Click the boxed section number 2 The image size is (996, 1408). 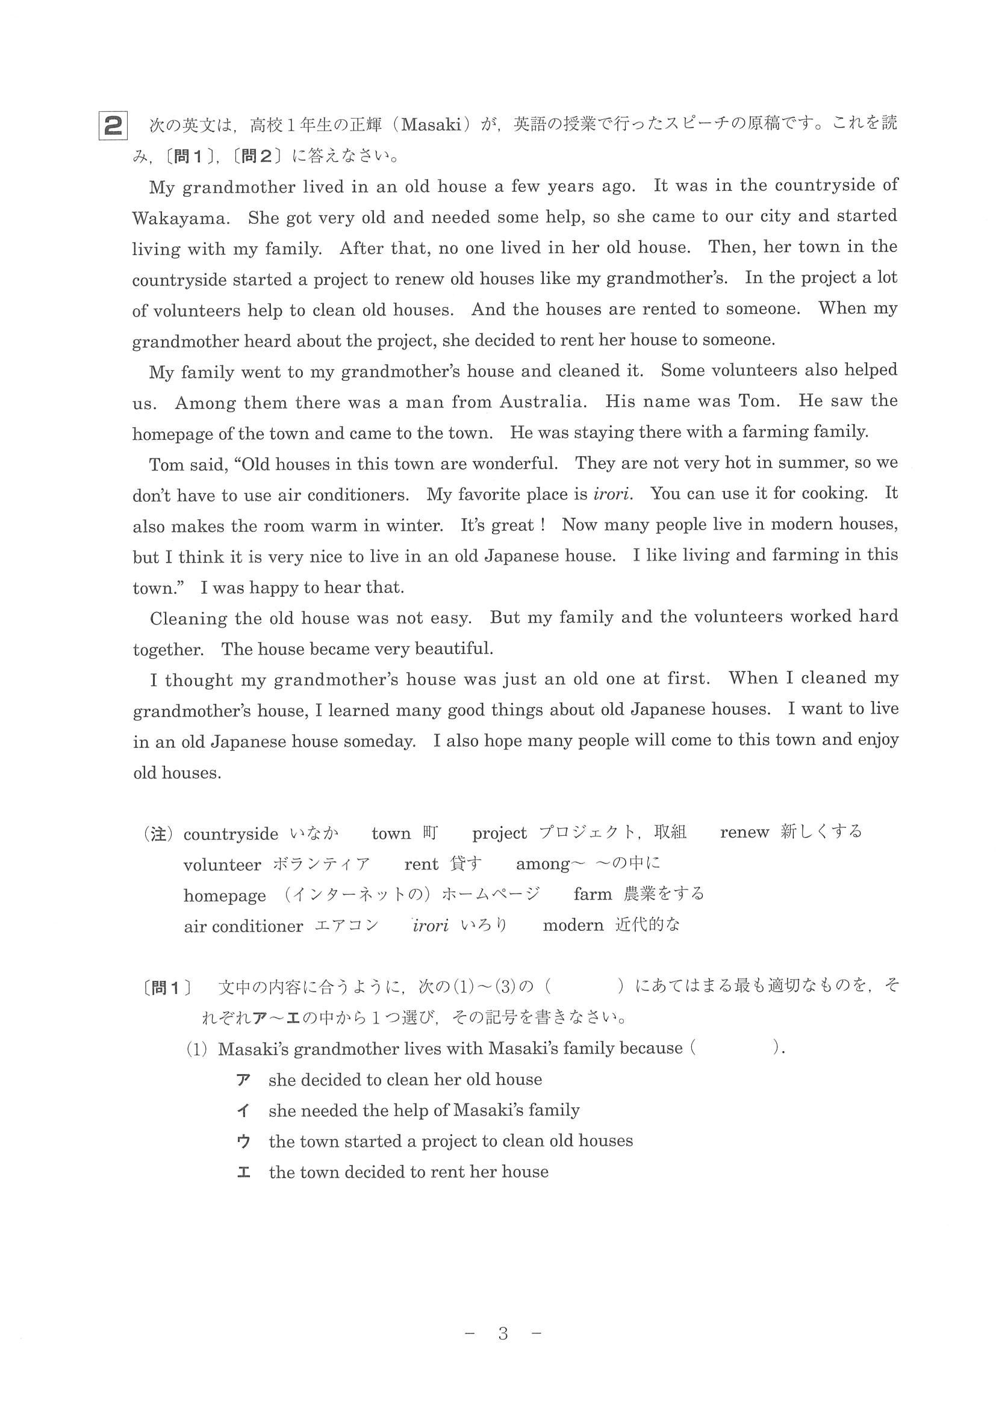(x=113, y=126)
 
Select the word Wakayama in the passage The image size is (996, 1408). (x=180, y=218)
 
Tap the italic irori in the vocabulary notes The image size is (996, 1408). (x=430, y=925)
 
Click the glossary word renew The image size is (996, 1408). (x=744, y=832)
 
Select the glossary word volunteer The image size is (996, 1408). (x=222, y=865)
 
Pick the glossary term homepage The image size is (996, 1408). (x=225, y=895)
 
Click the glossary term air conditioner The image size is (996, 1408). (x=243, y=926)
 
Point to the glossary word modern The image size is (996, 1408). (x=573, y=925)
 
